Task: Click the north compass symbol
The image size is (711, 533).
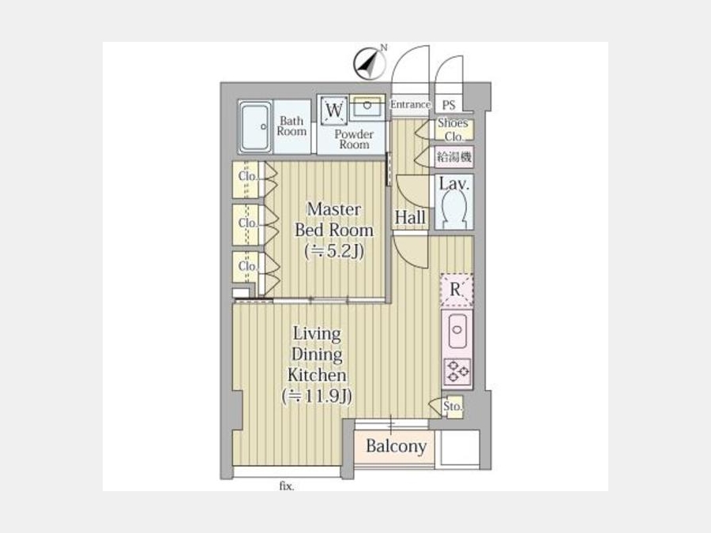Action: point(370,63)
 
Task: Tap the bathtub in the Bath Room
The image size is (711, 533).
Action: point(256,127)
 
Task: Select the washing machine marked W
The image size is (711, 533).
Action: point(334,110)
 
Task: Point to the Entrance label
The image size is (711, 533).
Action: point(410,104)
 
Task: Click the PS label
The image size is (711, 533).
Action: point(449,105)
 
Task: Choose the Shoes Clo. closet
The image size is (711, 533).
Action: point(454,129)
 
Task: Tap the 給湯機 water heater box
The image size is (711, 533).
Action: point(454,157)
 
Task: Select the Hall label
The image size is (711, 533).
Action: point(410,217)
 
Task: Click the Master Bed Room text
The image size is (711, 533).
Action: point(334,220)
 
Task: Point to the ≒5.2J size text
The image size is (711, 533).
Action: point(335,250)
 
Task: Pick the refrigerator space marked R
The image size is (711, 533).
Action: point(457,290)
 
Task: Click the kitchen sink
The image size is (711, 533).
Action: point(457,330)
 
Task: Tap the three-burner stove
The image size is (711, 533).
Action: point(457,370)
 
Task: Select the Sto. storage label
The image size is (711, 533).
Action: point(453,407)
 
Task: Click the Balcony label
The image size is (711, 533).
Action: point(397,446)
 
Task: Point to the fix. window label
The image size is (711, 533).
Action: point(287,486)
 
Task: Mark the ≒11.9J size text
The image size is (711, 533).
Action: point(317,396)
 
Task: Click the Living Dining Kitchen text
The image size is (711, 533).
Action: point(317,354)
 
